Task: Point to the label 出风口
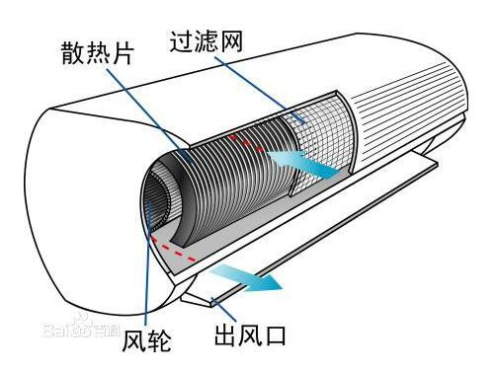(x=250, y=337)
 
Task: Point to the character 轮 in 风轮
(x=160, y=341)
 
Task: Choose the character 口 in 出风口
(x=274, y=337)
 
